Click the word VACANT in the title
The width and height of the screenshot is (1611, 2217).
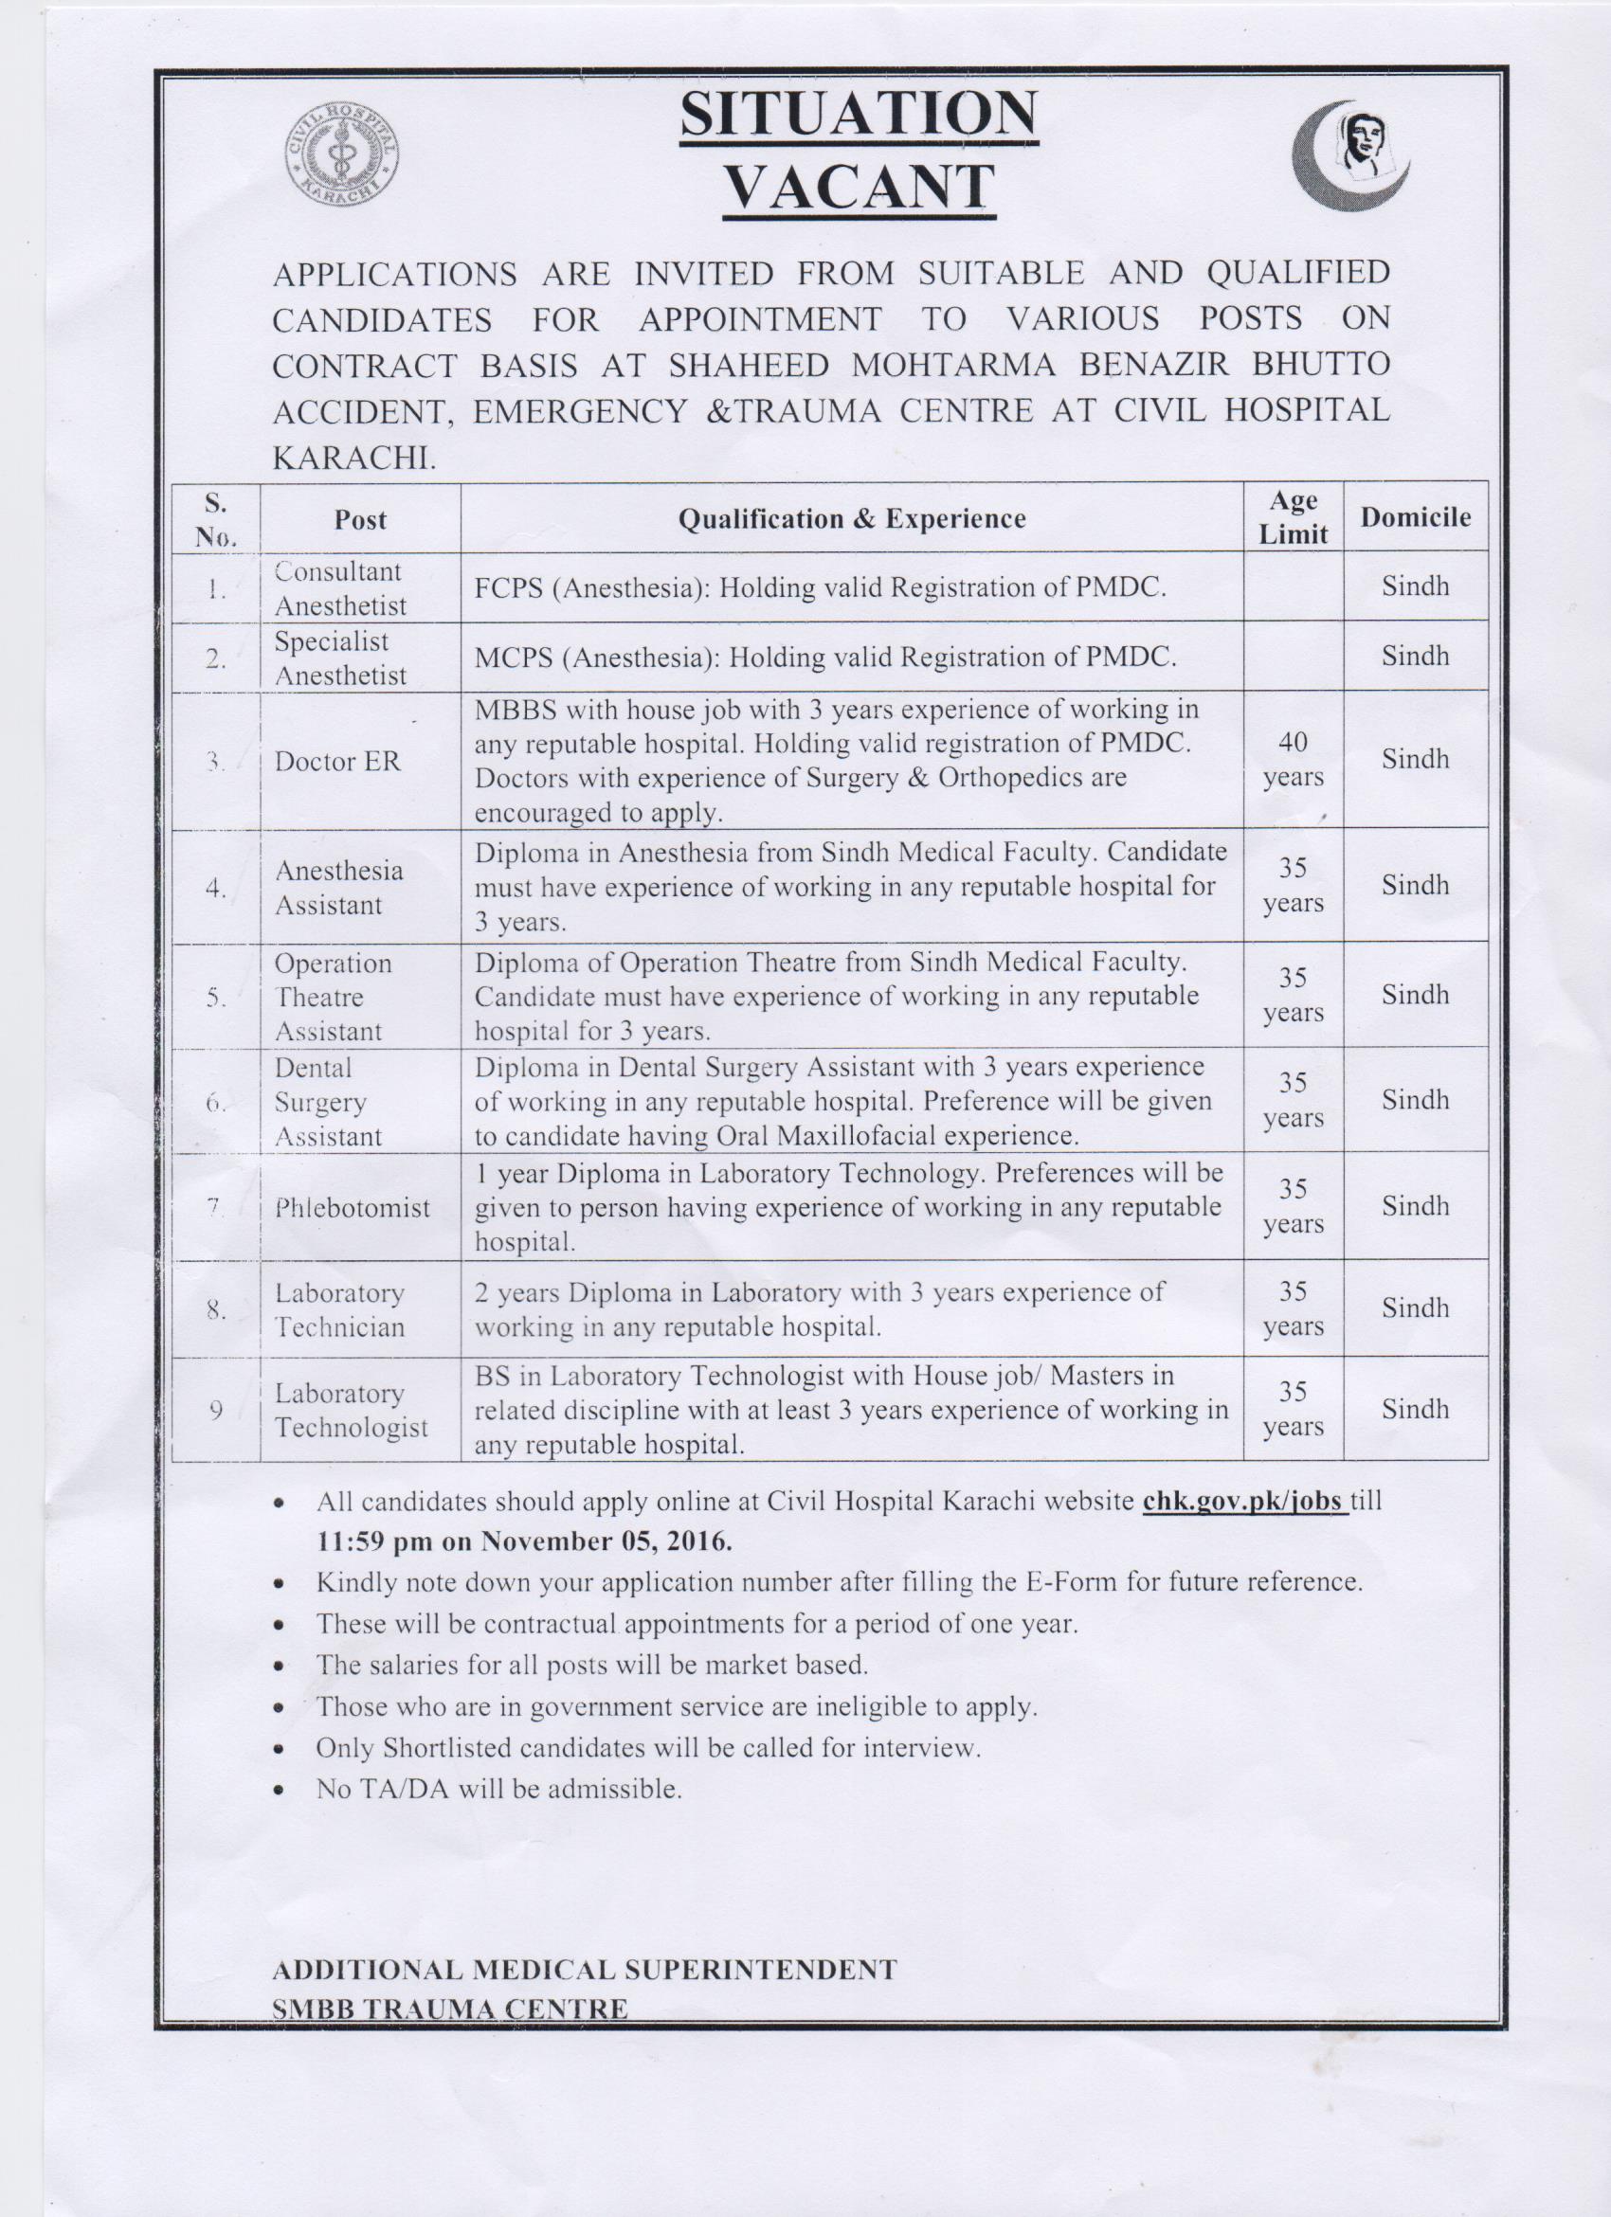[x=859, y=188]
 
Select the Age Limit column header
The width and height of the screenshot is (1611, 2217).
[x=1293, y=517]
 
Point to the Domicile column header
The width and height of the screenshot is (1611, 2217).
[x=1415, y=517]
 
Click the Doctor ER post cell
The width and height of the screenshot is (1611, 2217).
[x=337, y=762]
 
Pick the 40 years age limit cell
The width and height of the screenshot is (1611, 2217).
[x=1293, y=760]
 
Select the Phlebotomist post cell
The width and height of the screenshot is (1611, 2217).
[x=352, y=1207]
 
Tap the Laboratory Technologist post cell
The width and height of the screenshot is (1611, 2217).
[x=351, y=1410]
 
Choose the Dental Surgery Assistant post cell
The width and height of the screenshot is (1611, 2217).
[x=328, y=1102]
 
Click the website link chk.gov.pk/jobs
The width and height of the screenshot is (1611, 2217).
[x=1243, y=1501]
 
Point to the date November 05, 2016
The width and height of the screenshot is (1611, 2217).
[x=606, y=1541]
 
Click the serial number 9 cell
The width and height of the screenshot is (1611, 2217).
[x=216, y=1410]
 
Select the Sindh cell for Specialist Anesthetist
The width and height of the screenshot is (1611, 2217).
[x=1415, y=656]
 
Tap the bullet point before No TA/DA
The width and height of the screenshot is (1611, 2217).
[x=281, y=1791]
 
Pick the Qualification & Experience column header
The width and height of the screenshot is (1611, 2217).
[x=851, y=518]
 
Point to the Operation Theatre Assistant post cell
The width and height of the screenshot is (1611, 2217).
[x=333, y=997]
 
